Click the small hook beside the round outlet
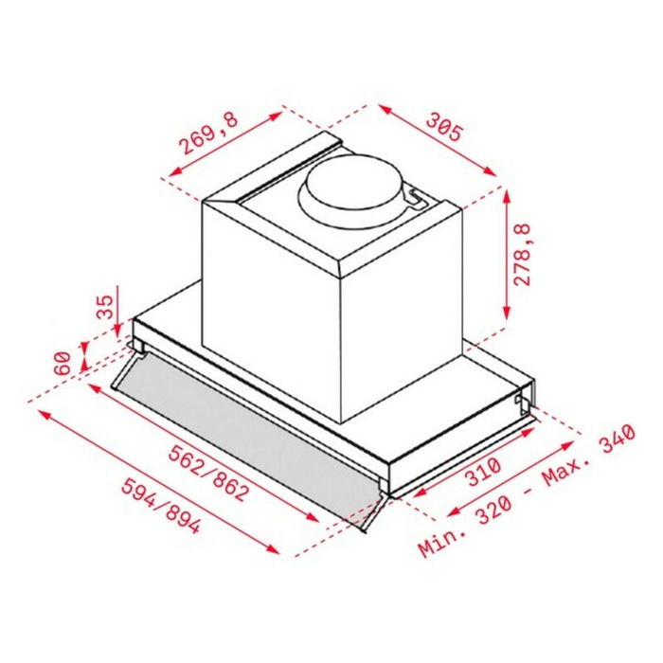[x=413, y=196]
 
